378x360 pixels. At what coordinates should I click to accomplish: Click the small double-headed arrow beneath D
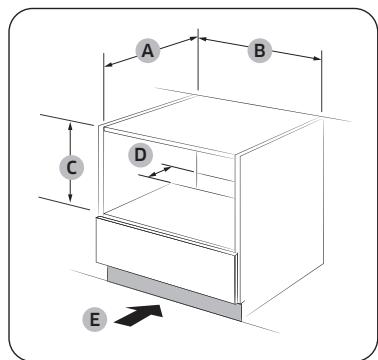point(154,173)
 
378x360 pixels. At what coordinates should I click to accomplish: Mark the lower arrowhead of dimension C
point(70,201)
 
